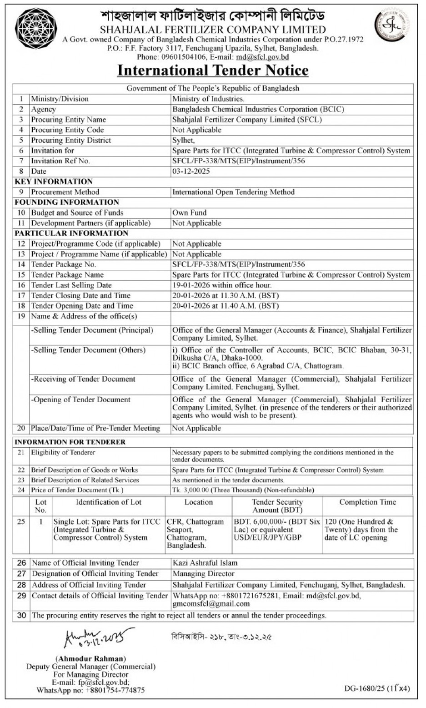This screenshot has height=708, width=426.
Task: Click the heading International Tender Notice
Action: tap(213, 71)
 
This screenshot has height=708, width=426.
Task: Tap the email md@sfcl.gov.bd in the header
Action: tap(262, 57)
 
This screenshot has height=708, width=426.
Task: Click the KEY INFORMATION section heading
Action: tap(54, 182)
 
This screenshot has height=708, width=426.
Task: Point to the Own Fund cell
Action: tap(189, 212)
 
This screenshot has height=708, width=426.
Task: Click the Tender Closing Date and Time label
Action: tap(80, 296)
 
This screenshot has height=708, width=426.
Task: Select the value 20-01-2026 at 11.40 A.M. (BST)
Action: tap(226, 306)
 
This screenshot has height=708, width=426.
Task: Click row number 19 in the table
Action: tap(21, 316)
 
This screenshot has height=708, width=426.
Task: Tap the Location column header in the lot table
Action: tap(199, 502)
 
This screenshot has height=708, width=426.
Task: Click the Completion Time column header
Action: tap(367, 502)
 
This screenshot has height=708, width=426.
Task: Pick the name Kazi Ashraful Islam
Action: tap(205, 563)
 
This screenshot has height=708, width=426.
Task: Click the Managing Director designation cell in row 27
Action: tap(204, 574)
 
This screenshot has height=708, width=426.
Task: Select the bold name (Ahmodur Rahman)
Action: tap(90, 658)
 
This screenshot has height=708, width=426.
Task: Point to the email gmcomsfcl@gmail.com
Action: tap(211, 604)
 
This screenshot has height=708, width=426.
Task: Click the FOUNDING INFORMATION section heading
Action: tap(67, 202)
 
